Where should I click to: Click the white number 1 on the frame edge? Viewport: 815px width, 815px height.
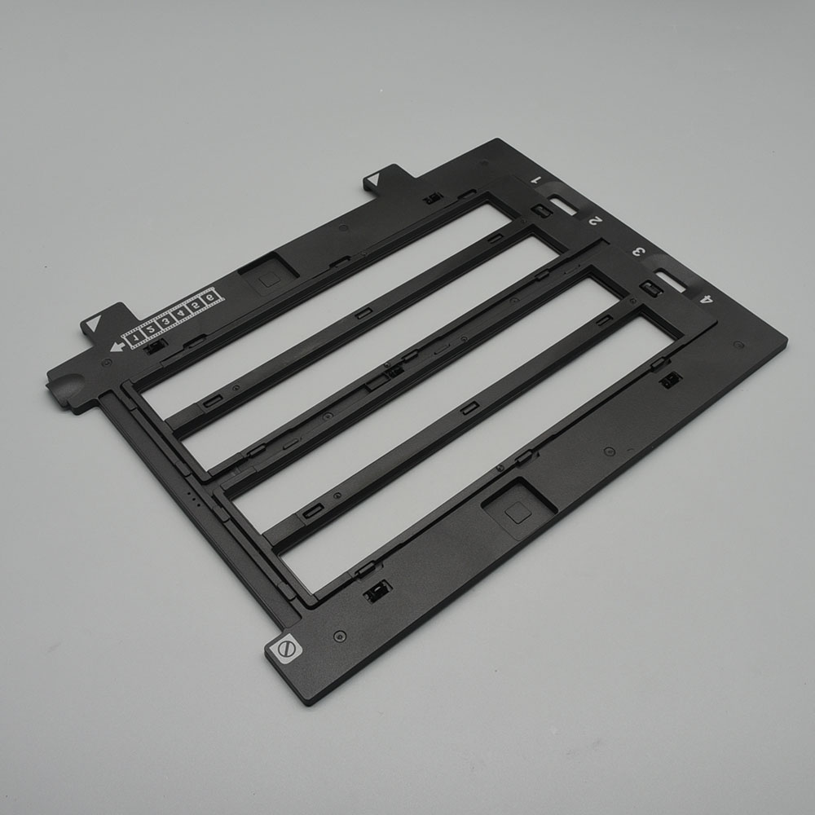pyautogui.click(x=537, y=180)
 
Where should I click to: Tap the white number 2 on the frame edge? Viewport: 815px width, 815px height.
pyautogui.click(x=595, y=221)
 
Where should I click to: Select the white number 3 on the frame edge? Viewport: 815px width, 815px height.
pyautogui.click(x=639, y=253)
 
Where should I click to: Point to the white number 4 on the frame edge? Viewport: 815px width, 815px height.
pyautogui.click(x=707, y=299)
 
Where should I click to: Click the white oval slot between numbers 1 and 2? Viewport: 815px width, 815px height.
pyautogui.click(x=564, y=205)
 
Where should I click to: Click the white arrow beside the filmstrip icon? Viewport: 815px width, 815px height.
pyautogui.click(x=117, y=346)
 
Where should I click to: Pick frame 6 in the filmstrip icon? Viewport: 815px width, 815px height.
pyautogui.click(x=210, y=297)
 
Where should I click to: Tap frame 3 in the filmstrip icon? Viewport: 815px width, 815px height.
pyautogui.click(x=165, y=322)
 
